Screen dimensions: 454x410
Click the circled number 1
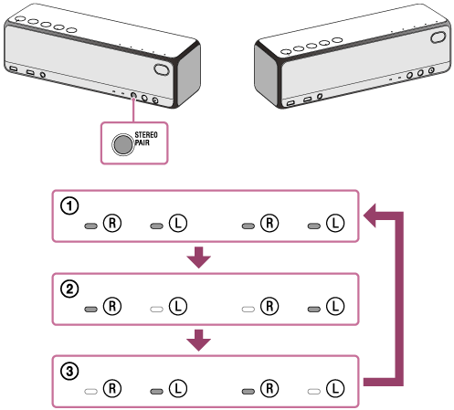tap(69, 206)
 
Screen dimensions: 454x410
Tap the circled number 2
tap(69, 289)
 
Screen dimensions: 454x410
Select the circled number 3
tap(69, 372)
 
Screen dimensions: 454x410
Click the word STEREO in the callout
tap(146, 135)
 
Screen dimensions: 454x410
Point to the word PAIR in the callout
tap(143, 142)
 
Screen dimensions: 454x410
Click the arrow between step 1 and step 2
tap(198, 258)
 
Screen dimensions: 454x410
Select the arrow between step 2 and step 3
tap(198, 340)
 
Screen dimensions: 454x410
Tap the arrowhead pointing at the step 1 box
tap(370, 216)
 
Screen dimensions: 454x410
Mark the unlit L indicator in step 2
tap(156, 310)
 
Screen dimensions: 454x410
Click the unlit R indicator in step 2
tap(248, 310)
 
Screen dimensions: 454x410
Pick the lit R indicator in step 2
tap(90, 310)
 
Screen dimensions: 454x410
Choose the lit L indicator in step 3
tap(156, 392)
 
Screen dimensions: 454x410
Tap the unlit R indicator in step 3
tap(90, 392)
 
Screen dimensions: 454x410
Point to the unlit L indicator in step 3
tap(314, 392)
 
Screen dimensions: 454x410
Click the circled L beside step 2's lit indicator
tap(335, 306)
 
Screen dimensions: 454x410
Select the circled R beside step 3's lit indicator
tap(269, 388)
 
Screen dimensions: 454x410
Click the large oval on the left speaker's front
tap(162, 69)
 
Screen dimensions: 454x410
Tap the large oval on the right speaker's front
tap(438, 37)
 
